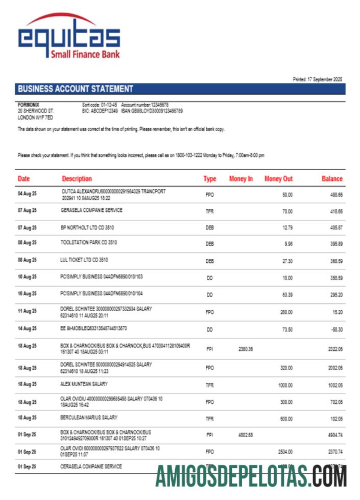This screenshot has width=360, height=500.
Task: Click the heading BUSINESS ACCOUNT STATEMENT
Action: [75, 89]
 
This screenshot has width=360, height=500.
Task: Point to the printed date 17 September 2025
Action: [318, 79]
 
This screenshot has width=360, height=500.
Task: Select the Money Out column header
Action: [278, 179]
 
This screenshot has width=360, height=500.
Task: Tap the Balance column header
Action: [332, 179]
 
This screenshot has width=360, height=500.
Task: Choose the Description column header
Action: [77, 179]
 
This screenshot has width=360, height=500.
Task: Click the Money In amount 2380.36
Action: [246, 349]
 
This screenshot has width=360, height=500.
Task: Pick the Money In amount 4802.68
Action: [246, 435]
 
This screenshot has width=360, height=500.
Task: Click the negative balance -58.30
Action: [335, 330]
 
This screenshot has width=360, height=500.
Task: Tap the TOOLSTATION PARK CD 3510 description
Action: [88, 243]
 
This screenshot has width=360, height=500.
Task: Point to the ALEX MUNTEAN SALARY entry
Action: [84, 384]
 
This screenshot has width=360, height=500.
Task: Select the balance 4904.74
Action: [334, 435]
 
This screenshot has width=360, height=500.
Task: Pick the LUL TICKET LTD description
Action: [84, 259]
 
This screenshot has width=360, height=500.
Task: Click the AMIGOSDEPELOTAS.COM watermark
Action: [251, 476]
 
